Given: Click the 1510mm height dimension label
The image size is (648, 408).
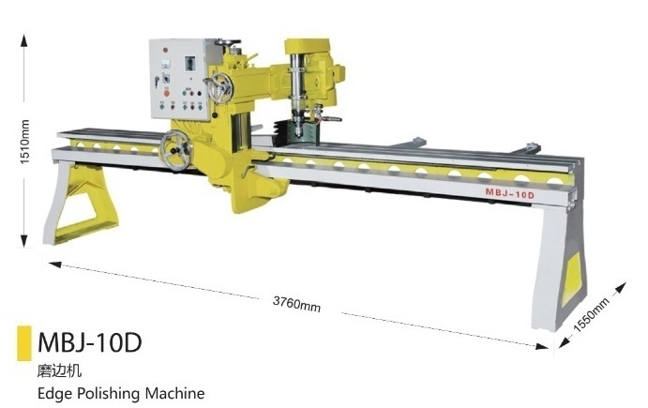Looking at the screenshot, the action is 24,142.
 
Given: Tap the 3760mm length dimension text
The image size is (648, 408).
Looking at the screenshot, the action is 296,304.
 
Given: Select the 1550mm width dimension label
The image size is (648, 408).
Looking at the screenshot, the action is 592,315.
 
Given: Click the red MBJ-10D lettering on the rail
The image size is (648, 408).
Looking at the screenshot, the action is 509,193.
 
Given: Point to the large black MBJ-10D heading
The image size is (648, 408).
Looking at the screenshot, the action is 90,342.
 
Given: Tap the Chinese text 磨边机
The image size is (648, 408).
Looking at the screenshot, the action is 59,370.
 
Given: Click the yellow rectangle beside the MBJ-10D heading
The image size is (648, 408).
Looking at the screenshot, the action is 24,343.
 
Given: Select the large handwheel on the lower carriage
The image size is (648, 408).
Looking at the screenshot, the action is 176,150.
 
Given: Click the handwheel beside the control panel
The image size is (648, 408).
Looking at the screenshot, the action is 219,88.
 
